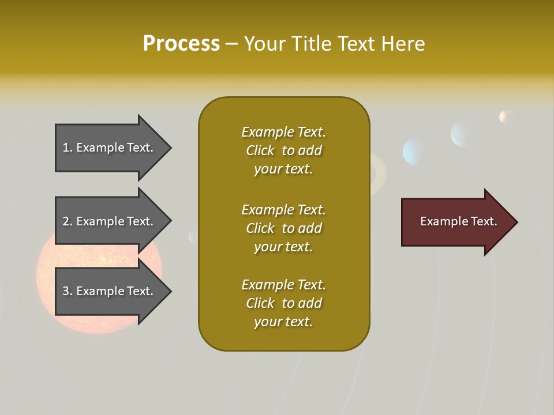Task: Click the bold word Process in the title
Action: click(x=181, y=44)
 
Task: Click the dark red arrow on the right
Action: click(x=456, y=222)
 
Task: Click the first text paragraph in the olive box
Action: click(x=283, y=150)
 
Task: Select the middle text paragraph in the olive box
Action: click(x=283, y=228)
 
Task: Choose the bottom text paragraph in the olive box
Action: click(x=283, y=303)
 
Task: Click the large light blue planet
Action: click(x=414, y=152)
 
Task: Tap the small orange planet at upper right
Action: click(x=506, y=117)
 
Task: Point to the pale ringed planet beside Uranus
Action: click(x=462, y=134)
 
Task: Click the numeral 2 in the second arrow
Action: click(x=66, y=221)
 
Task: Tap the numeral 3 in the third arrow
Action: click(x=66, y=291)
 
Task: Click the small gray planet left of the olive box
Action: click(x=192, y=236)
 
